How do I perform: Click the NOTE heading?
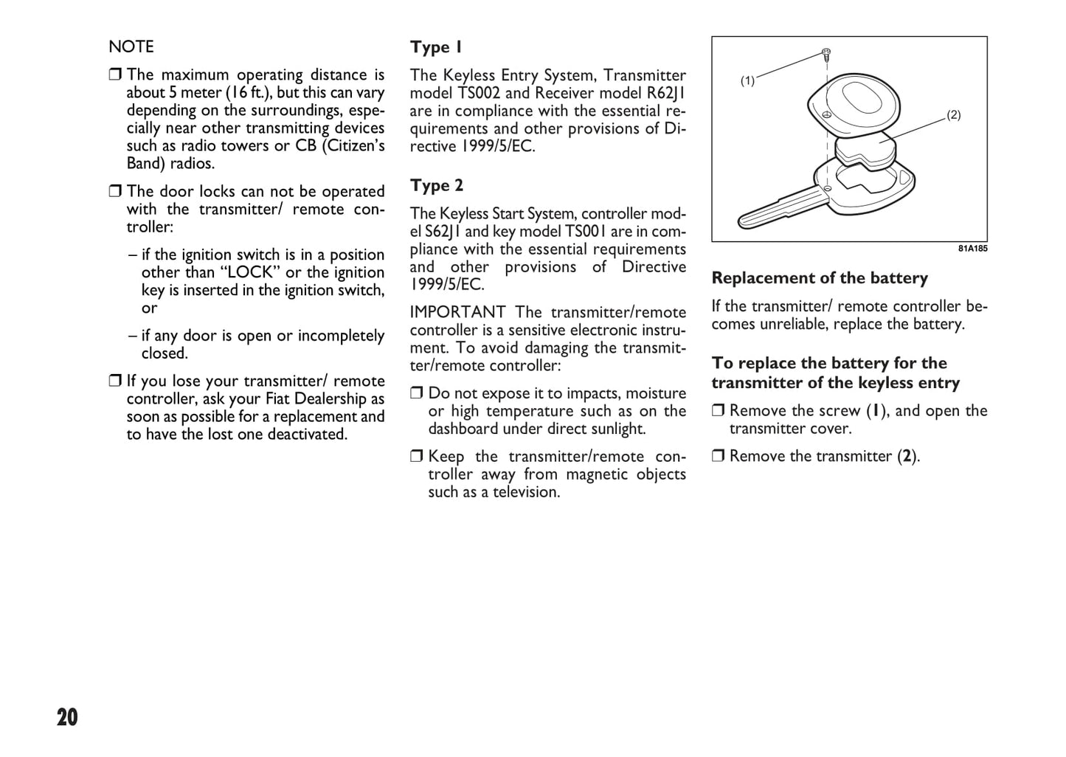tap(131, 46)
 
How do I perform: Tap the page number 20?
tap(67, 717)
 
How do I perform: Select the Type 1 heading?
tap(436, 47)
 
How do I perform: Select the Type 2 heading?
tap(437, 185)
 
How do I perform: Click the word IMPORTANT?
tap(457, 312)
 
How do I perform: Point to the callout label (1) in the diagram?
tap(747, 81)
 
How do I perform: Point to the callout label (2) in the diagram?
tap(953, 115)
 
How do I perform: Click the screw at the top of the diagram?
tap(827, 54)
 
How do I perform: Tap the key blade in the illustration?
tap(775, 210)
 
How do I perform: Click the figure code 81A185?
tap(972, 249)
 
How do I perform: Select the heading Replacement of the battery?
tap(820, 278)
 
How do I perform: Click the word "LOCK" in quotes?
tap(251, 272)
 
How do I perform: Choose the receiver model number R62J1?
tap(666, 93)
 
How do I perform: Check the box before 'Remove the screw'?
tap(719, 411)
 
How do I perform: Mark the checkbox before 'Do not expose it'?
tap(417, 393)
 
